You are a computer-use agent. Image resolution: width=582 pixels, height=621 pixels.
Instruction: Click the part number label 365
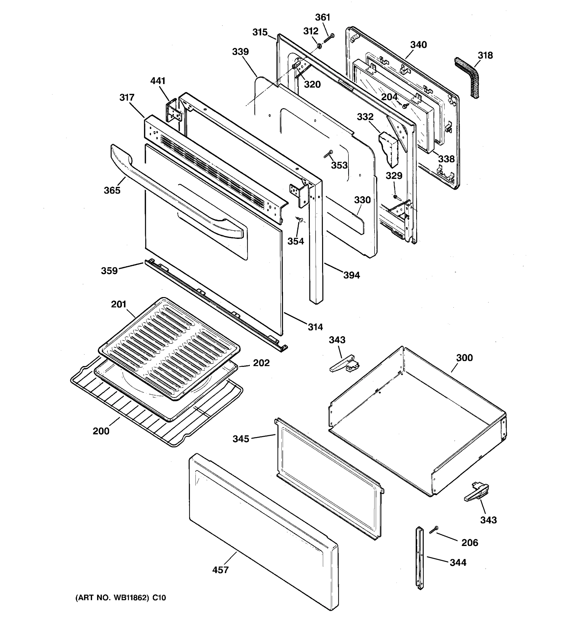pos(112,190)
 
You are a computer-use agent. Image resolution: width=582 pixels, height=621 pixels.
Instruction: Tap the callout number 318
pos(485,55)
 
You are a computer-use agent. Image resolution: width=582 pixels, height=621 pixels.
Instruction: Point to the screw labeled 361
pos(329,38)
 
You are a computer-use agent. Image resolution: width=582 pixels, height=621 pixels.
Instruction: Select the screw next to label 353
pos(329,153)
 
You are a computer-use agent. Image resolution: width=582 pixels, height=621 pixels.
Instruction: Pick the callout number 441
pos(158,81)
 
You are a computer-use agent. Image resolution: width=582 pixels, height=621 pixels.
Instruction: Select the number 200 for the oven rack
pos(101,431)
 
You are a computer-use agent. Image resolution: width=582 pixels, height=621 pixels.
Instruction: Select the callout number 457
pos(220,570)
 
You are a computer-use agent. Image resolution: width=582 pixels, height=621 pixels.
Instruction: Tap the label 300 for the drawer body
pos(464,358)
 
